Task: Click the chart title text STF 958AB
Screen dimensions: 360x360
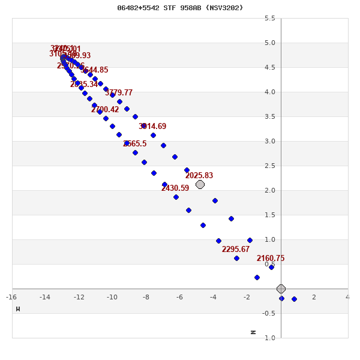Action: [180, 8]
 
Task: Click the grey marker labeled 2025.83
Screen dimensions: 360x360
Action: [200, 184]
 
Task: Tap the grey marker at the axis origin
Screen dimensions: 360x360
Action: [281, 289]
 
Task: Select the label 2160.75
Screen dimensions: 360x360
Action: [271, 259]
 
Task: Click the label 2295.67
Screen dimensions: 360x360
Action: [236, 250]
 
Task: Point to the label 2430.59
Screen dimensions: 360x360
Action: [175, 188]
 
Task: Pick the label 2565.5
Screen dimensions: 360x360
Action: [135, 144]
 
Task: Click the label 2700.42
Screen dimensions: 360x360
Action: [105, 110]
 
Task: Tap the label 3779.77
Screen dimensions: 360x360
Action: [119, 93]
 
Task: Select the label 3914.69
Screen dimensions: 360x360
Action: [152, 127]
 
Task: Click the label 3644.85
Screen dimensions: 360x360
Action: [95, 70]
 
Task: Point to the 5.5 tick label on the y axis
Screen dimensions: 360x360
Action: [270, 18]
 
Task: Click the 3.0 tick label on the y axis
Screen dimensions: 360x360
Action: [270, 141]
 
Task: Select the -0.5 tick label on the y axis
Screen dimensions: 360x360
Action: [269, 313]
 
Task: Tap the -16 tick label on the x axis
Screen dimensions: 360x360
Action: [11, 296]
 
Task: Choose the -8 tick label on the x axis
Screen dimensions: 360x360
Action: [146, 296]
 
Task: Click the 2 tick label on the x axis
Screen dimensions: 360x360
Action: [314, 296]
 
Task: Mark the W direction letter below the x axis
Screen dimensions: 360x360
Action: [18, 309]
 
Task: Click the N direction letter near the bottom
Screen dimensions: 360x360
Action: [253, 332]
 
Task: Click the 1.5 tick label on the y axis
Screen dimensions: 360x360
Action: [270, 215]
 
